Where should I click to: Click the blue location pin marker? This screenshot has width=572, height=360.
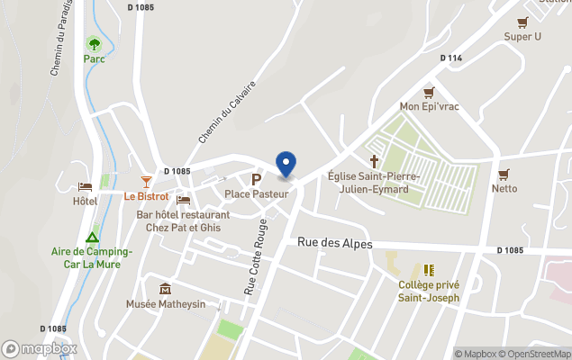point(286,165)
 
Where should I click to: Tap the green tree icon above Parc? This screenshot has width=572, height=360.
point(94,43)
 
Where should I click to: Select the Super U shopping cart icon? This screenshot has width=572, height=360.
point(522,22)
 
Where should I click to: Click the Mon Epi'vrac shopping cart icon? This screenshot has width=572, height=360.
point(429,93)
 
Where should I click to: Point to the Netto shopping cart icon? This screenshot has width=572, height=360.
point(504,175)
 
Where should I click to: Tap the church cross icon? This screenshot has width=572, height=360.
point(374,161)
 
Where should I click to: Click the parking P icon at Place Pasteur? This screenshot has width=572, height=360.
point(256,179)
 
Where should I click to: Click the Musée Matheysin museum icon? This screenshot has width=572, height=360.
point(165,289)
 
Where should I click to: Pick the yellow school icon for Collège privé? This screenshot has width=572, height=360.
point(429,270)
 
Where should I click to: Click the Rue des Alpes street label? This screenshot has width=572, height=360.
point(334,244)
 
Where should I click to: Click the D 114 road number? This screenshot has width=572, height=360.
point(451,58)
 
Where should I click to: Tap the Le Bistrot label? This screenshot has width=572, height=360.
point(146,196)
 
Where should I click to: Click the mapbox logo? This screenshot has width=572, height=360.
point(40,348)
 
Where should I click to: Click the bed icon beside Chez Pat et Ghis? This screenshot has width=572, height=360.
point(184,200)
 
